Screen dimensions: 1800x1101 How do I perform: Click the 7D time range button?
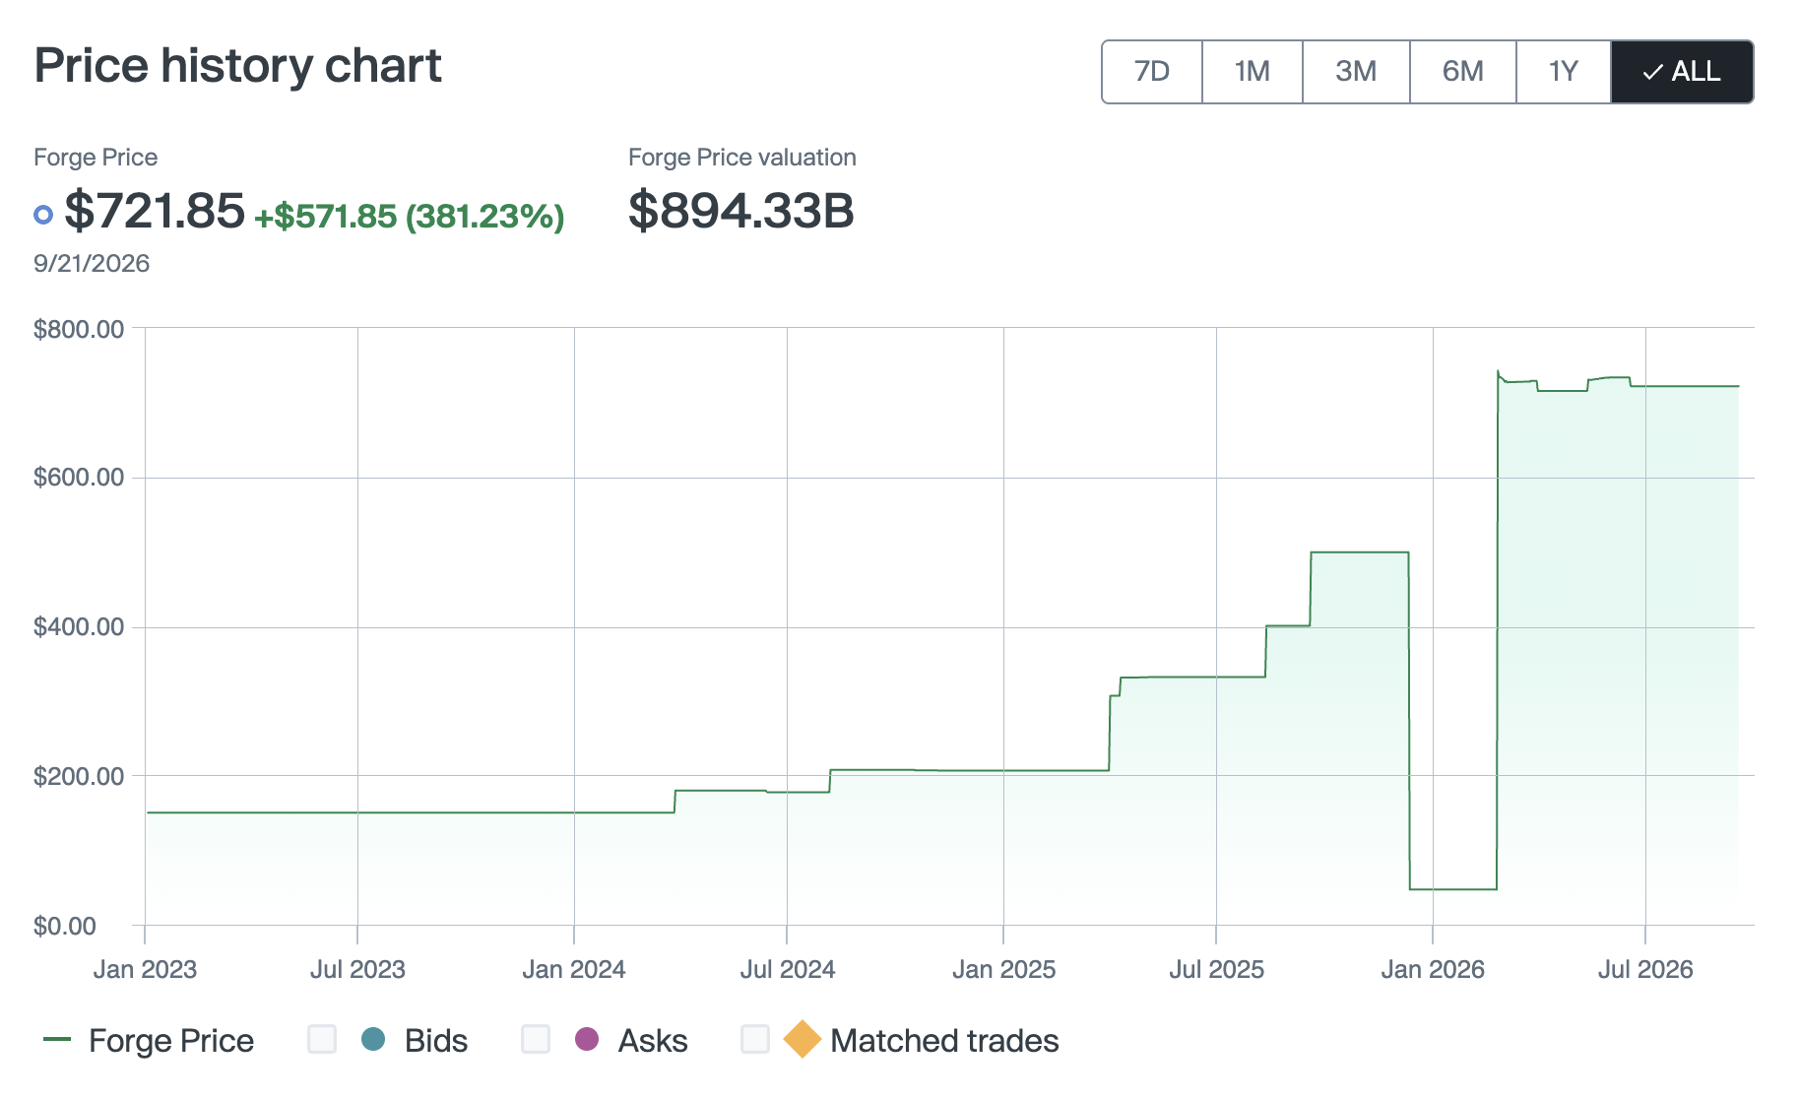1152,72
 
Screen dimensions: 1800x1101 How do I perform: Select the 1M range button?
1253,72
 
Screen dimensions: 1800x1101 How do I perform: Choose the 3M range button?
1356,72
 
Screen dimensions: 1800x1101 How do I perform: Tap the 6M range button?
1463,72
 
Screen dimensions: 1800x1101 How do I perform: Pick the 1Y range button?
1564,72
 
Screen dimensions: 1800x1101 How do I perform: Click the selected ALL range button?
1682,72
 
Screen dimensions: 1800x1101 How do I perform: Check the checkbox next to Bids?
322,1039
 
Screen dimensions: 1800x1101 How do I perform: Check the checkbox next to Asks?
536,1039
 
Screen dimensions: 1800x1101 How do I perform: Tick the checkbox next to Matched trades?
755,1039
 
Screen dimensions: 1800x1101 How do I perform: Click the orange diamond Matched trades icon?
803,1039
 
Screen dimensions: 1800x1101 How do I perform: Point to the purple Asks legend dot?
587,1039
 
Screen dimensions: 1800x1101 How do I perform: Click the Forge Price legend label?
171,1041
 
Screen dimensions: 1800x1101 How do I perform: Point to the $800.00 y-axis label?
79,329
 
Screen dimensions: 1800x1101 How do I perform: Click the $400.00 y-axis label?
79,627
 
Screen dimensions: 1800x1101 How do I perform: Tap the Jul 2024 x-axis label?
788,970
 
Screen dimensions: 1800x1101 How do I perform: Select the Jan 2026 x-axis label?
1433,970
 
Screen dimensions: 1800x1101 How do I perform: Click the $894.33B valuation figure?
741,211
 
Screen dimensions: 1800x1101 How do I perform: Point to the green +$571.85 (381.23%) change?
410,217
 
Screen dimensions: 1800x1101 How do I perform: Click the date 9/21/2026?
92,264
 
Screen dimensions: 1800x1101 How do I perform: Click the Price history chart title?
238,66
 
